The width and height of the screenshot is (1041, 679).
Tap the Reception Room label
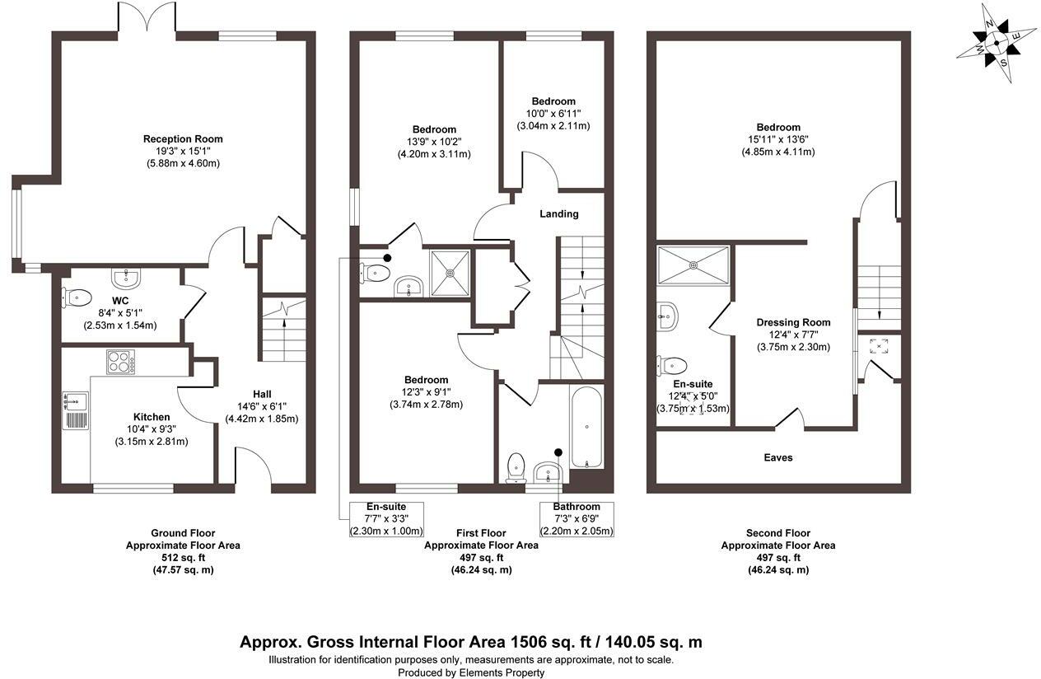pos(183,138)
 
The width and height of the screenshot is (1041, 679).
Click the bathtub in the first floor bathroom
pos(586,427)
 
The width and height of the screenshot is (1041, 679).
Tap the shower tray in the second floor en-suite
pos(693,264)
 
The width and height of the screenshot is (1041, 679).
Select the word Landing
pos(559,214)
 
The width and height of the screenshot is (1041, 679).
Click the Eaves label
pos(778,457)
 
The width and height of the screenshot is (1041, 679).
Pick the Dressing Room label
pos(793,322)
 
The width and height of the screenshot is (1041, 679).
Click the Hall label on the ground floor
pos(262,394)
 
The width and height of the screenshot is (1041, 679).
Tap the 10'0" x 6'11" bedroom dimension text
pos(559,114)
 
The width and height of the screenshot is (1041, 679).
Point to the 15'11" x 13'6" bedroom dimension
pos(778,140)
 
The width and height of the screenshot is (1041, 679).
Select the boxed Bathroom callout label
pos(577,507)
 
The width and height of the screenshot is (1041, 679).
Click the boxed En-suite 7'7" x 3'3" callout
pos(386,518)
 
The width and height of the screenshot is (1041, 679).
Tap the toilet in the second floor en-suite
pos(672,365)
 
